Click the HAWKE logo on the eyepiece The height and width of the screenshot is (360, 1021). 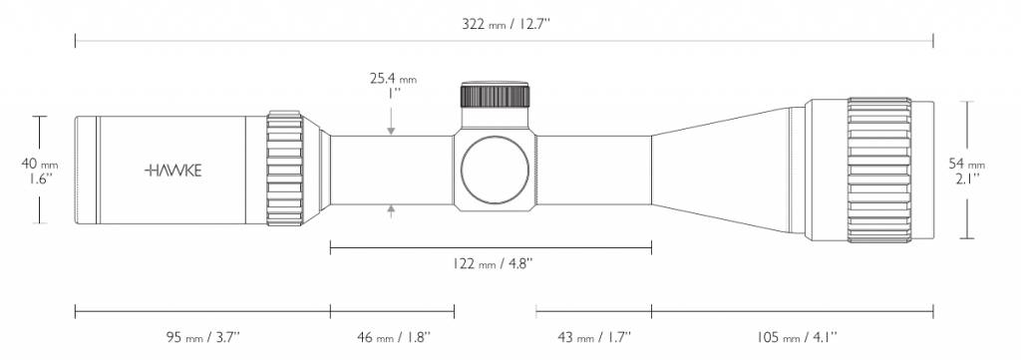173,171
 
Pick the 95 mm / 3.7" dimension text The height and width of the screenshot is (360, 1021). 203,336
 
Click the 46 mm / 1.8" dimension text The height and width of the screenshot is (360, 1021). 392,336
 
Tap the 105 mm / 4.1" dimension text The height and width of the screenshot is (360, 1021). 793,336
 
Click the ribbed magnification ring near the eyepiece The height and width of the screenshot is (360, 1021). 285,170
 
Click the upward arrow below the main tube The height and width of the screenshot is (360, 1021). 391,210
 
